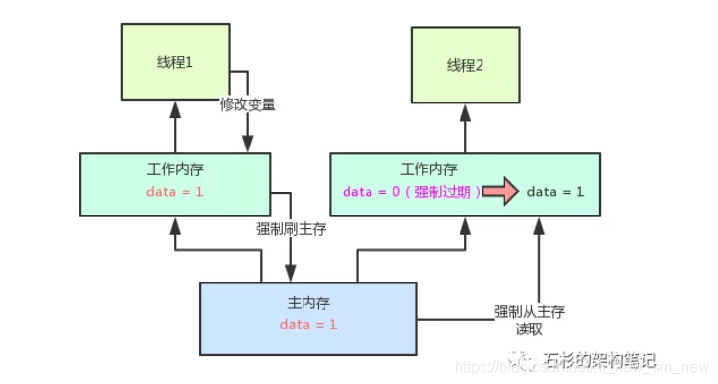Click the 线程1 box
click(175, 60)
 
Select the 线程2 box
click(465, 65)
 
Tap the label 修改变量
click(247, 104)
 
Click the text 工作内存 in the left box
click(175, 169)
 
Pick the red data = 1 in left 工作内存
click(175, 191)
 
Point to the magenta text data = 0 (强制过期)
click(407, 191)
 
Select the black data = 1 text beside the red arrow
click(555, 191)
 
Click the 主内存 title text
click(309, 303)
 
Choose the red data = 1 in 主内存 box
click(309, 324)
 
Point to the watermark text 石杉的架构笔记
click(599, 360)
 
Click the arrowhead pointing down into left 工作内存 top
click(247, 145)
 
